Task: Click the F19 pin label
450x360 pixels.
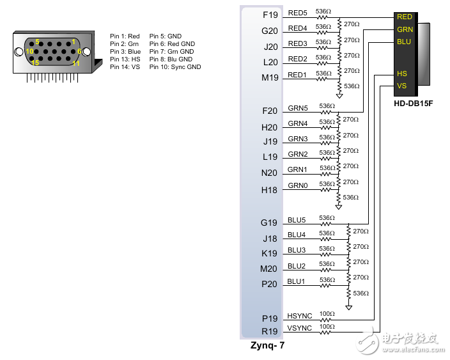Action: click(270, 14)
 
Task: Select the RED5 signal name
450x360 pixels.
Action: click(297, 13)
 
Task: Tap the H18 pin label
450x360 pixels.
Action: click(270, 190)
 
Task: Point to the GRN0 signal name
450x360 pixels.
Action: click(297, 185)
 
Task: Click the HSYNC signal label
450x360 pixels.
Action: click(299, 316)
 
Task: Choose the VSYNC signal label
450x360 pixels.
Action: click(299, 327)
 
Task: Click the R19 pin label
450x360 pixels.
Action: click(270, 332)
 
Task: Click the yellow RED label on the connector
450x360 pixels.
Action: click(405, 17)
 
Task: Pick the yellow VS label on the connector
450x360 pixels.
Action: click(401, 86)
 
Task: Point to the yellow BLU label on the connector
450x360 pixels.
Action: click(404, 42)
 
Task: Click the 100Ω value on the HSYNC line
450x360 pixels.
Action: click(327, 314)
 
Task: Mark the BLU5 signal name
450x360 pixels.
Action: click(297, 219)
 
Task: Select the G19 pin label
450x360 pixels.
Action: click(270, 223)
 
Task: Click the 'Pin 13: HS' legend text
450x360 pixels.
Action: click(124, 59)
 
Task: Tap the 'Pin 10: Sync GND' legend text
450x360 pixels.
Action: click(175, 67)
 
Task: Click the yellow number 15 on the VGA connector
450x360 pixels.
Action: click(35, 63)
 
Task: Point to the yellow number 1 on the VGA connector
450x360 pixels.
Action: click(74, 42)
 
